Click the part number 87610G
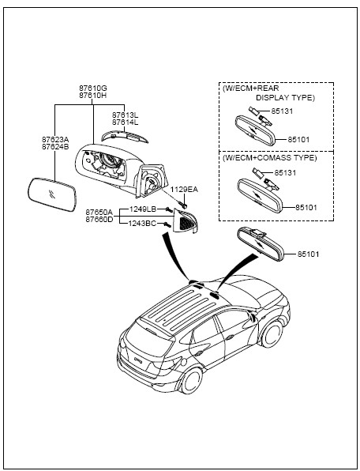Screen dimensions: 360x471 [x=93, y=89]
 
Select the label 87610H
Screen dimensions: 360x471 [x=93, y=96]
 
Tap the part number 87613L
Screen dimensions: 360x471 [x=125, y=115]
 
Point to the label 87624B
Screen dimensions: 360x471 [x=55, y=147]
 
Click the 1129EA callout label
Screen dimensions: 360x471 [x=184, y=190]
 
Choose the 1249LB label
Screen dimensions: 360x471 [x=143, y=209]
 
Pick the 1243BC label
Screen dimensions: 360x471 [x=142, y=224]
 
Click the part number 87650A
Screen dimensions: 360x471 [x=99, y=213]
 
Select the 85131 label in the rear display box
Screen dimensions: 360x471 [x=282, y=111]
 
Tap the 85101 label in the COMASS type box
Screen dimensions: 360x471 [x=306, y=208]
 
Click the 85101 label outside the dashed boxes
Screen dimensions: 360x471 [x=308, y=254]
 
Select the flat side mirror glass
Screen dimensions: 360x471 [x=52, y=194]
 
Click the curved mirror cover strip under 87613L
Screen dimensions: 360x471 [x=125, y=137]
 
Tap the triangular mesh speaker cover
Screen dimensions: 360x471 [x=186, y=221]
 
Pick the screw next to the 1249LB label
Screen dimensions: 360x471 [x=169, y=209]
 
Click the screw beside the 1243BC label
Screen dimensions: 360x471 [x=167, y=224]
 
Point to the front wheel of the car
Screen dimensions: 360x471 [x=272, y=334]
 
